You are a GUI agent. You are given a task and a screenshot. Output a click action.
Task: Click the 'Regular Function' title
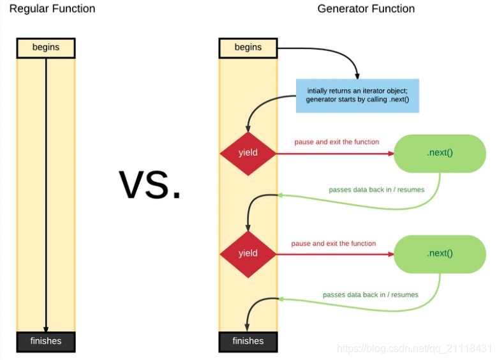tap(52, 9)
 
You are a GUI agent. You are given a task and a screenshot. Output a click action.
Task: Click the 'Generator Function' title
tap(366, 9)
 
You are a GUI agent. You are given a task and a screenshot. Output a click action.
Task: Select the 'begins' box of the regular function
tap(46, 48)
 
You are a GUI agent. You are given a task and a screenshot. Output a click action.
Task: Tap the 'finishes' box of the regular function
tap(46, 341)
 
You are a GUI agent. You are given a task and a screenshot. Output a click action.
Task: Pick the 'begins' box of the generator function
tap(248, 48)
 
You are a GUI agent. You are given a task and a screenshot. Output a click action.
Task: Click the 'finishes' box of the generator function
tap(248, 341)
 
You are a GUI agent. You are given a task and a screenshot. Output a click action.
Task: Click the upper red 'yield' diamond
tap(248, 153)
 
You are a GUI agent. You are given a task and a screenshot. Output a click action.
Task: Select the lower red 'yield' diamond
tap(248, 253)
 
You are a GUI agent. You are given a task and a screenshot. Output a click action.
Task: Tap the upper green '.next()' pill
tap(440, 153)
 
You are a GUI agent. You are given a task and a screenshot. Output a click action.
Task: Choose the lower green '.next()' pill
tap(440, 253)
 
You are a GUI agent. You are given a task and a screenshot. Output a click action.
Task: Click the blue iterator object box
tap(357, 96)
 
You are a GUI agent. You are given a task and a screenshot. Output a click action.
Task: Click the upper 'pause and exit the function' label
tap(336, 142)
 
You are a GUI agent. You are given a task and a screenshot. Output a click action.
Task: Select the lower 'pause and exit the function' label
tap(333, 243)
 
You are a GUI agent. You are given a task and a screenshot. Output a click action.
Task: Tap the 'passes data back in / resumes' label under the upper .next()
tap(376, 190)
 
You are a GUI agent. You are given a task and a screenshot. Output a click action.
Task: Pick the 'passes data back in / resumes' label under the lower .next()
tap(371, 294)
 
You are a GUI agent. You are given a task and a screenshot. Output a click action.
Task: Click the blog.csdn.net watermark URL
tap(414, 349)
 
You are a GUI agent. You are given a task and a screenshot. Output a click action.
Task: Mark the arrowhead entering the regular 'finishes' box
tap(46, 328)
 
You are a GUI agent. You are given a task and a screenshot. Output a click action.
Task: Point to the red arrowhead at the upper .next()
tap(390, 153)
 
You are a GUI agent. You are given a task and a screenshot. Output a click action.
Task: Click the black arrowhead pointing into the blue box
tap(357, 75)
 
